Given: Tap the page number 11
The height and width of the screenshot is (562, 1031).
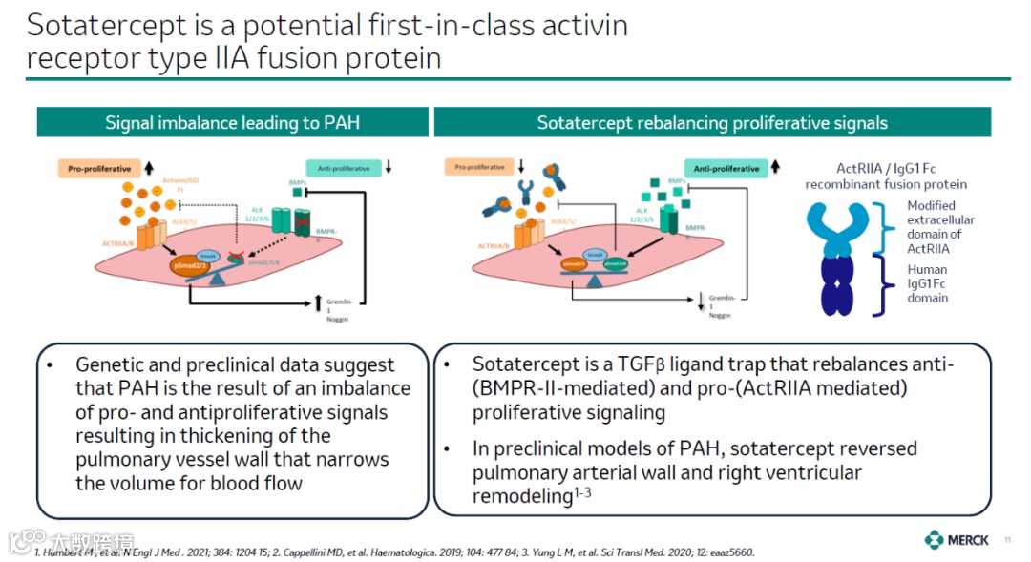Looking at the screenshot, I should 1007,541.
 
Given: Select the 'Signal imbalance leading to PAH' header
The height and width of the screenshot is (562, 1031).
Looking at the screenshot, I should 232,122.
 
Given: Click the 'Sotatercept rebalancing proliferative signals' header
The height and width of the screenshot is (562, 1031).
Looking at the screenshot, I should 712,122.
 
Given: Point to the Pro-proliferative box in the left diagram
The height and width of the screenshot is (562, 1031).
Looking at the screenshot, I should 98,169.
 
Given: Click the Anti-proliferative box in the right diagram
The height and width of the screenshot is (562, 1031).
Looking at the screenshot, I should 726,169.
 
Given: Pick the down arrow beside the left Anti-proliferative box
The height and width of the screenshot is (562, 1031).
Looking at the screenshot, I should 389,169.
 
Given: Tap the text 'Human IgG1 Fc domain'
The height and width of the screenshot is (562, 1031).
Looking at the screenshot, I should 927,283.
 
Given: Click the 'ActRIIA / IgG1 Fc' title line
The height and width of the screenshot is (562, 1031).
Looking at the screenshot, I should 885,169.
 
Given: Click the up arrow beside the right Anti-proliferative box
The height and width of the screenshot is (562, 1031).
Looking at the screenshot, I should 780,169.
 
